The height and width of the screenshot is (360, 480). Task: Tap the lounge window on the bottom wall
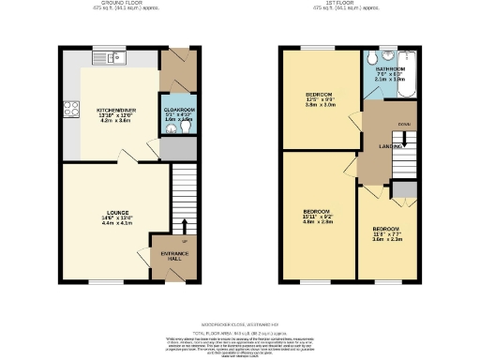point(104,280)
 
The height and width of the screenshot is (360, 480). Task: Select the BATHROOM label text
point(391,69)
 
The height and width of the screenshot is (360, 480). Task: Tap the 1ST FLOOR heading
point(359,4)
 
